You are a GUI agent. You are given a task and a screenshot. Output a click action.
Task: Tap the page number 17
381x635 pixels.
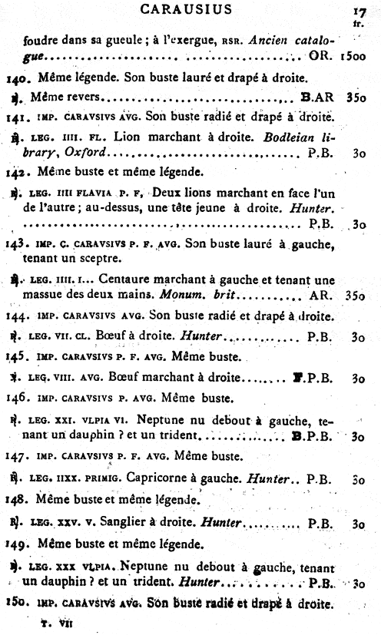356,12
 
